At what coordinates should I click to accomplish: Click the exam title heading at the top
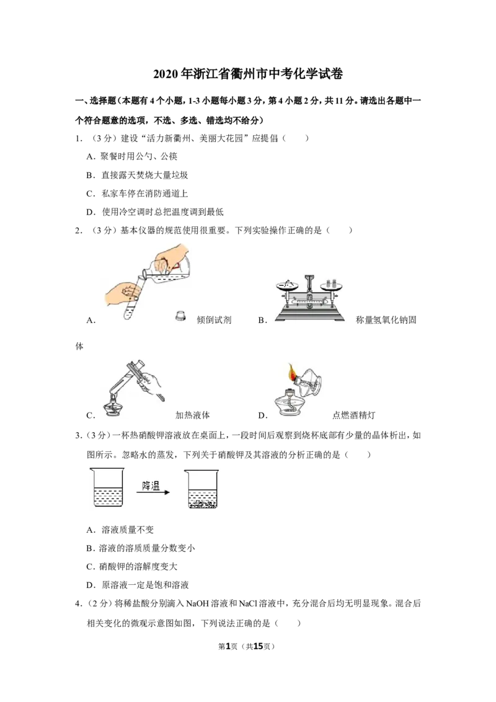tap(248, 74)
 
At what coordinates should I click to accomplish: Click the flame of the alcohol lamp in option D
tap(293, 371)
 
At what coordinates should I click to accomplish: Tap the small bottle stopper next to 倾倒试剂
tap(180, 316)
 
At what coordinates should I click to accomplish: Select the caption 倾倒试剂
tap(214, 319)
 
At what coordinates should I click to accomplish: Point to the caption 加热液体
tap(192, 415)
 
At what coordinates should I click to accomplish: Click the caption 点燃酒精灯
tap(353, 415)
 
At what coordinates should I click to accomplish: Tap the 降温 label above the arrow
tap(151, 486)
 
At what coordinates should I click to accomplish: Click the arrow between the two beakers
tap(153, 492)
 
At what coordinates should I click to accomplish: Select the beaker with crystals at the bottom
tap(202, 489)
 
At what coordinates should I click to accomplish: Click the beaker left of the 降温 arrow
tap(108, 487)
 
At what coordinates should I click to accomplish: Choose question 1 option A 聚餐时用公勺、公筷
tap(132, 156)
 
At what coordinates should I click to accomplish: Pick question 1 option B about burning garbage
tap(137, 175)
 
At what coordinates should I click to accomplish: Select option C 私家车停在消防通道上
tap(137, 193)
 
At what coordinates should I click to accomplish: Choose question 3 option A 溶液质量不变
tap(120, 530)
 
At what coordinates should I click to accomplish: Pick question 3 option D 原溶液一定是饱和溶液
tap(138, 585)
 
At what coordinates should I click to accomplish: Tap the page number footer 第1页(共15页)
tap(246, 646)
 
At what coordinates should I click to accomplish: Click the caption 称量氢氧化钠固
tap(386, 319)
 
